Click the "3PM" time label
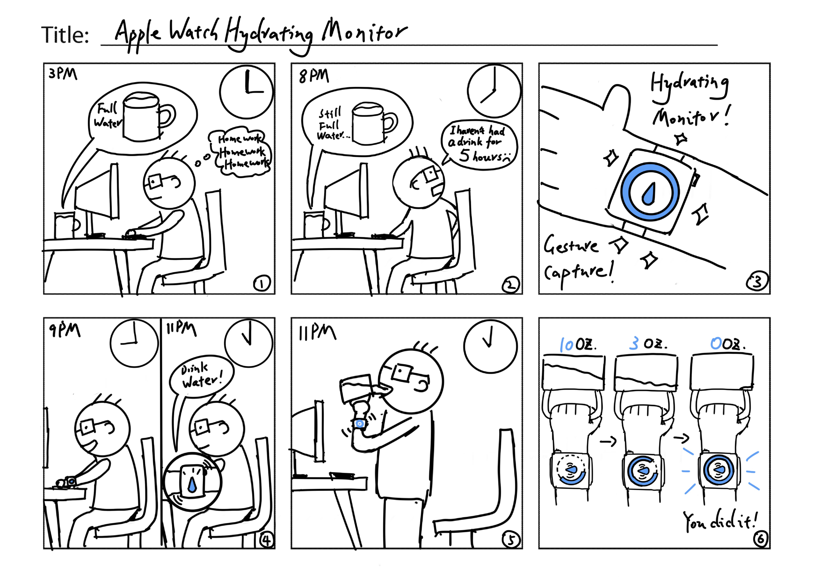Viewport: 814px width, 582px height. [x=63, y=74]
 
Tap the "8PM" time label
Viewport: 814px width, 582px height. [x=314, y=76]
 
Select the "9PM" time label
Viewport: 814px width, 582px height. [x=64, y=331]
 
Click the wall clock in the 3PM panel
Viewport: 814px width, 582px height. [x=246, y=91]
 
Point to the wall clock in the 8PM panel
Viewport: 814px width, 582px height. [x=494, y=91]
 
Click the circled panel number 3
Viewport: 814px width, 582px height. [x=757, y=282]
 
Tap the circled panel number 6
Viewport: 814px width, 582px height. [x=760, y=539]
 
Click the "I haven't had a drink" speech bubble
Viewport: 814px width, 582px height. [x=479, y=144]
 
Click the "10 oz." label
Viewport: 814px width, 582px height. [x=577, y=345]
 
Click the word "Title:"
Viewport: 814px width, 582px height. [x=65, y=35]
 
